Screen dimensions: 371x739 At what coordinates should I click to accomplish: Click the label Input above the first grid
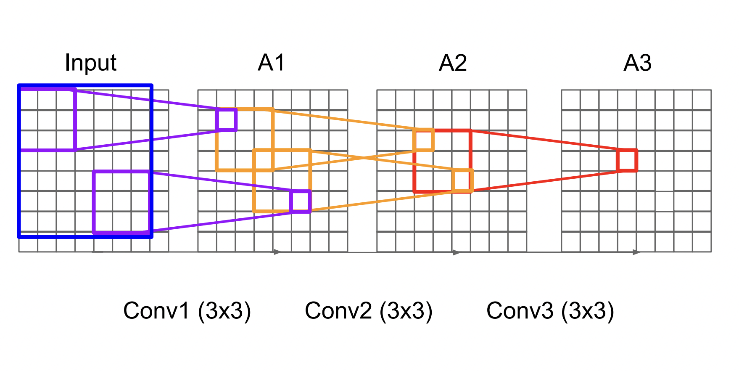90,63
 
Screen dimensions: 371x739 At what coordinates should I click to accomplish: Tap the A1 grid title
272,63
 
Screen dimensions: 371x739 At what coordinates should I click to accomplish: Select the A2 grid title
453,63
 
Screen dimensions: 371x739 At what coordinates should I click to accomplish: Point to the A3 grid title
637,63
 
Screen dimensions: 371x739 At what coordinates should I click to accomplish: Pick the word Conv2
338,311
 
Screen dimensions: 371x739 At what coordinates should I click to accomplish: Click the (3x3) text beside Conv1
224,311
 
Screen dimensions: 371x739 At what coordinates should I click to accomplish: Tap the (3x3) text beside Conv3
588,311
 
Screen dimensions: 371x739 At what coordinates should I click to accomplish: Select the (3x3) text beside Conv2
406,311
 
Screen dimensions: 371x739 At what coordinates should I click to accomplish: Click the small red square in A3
627,160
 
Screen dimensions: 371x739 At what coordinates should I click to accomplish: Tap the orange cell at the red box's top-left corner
424,140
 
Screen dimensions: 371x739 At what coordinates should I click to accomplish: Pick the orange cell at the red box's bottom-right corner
463,180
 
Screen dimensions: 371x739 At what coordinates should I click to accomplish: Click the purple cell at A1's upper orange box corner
226,119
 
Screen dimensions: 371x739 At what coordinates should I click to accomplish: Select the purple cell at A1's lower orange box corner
301,201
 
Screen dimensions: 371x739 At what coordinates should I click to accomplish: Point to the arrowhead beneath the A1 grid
277,252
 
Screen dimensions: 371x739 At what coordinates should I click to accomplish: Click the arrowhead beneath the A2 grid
457,252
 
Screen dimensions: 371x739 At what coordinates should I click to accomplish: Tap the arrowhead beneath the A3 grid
636,252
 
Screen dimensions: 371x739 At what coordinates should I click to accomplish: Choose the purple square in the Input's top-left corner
47,119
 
